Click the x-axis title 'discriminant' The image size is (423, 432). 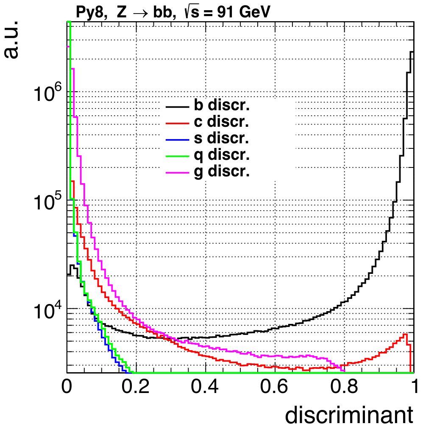coord(349,415)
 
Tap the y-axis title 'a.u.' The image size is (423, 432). coord(13,40)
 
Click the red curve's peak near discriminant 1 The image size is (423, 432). coord(406,334)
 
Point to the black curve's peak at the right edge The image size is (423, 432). coord(412,52)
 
